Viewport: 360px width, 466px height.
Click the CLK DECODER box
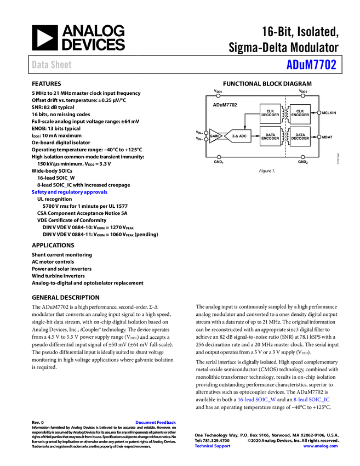(x=270, y=113)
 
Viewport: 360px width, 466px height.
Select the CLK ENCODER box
(x=300, y=113)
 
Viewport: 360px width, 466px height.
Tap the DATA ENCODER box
(x=270, y=137)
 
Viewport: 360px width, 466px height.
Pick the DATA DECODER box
(x=300, y=137)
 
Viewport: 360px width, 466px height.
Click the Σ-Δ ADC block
(x=239, y=136)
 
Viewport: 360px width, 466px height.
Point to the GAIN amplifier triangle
(x=214, y=136)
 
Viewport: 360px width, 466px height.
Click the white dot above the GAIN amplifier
(x=218, y=96)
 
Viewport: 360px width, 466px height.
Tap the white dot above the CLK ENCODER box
(x=302, y=96)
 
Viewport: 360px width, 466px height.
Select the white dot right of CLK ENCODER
(x=319, y=113)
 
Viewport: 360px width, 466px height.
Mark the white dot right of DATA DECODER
(x=319, y=137)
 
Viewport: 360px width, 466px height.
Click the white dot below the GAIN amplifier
(x=219, y=157)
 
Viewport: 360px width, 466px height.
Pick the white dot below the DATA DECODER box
(x=302, y=157)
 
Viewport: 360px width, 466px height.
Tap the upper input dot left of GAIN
(x=206, y=133)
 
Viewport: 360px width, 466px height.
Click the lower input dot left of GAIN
(x=206, y=139)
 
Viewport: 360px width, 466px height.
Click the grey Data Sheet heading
(x=52, y=65)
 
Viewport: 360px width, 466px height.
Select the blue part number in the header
(x=311, y=65)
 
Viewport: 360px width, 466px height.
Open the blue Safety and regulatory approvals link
(x=69, y=192)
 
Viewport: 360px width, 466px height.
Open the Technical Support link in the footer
(x=213, y=446)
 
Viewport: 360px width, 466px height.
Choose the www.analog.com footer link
(x=320, y=446)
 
